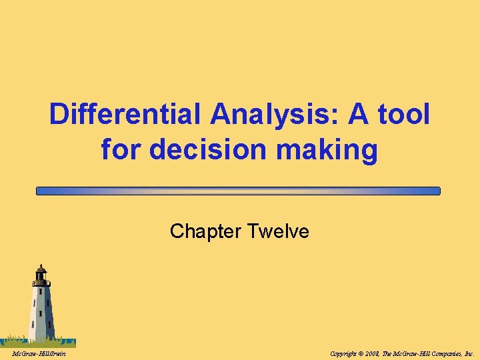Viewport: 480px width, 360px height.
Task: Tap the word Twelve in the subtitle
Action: (x=278, y=231)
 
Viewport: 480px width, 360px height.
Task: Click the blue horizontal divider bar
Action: (x=239, y=191)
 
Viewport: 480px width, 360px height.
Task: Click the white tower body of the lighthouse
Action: (x=42, y=310)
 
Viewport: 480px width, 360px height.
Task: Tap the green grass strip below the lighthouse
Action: (x=40, y=340)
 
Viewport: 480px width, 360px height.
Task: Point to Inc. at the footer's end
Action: (x=469, y=353)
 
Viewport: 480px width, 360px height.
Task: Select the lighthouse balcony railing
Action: (x=41, y=283)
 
